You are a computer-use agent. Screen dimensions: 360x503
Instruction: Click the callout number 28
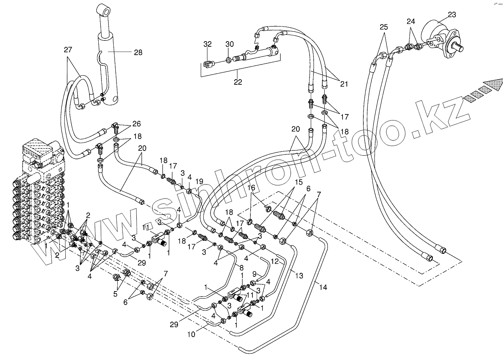(138, 52)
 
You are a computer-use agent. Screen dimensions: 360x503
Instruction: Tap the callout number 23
(452, 15)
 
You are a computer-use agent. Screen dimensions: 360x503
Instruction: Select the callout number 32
(208, 44)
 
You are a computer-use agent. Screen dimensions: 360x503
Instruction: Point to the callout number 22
(238, 82)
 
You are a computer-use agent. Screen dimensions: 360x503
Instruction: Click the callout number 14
(323, 288)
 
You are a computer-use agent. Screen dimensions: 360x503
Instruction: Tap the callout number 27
(68, 50)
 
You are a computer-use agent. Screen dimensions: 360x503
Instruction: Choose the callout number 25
(383, 27)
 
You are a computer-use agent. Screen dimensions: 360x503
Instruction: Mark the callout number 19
(199, 181)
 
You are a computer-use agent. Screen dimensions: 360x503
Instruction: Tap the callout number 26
(136, 123)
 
